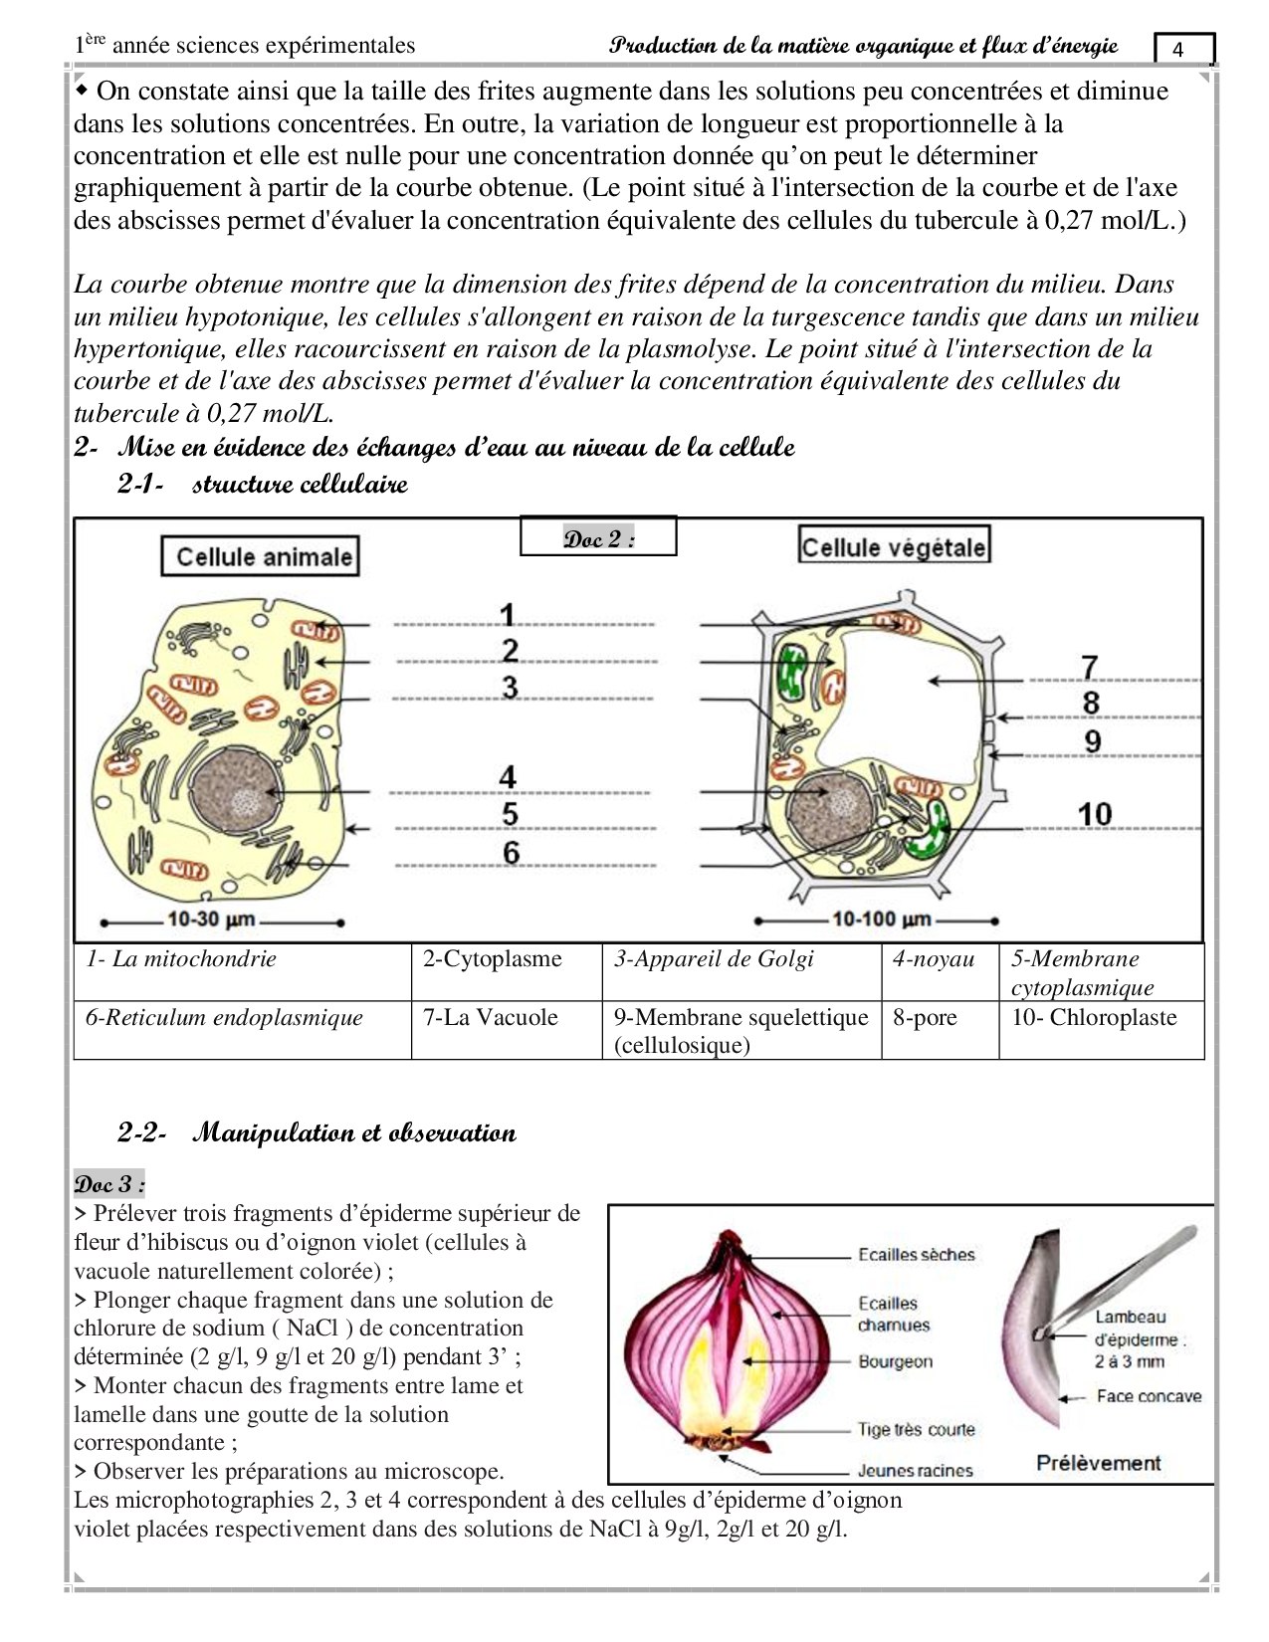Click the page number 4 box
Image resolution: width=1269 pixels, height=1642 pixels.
(1183, 49)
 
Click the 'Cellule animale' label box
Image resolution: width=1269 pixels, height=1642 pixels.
(260, 557)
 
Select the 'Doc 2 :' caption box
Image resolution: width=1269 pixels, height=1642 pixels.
(598, 538)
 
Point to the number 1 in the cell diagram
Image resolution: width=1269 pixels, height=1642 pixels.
(508, 615)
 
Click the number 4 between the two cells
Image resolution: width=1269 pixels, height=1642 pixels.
(509, 777)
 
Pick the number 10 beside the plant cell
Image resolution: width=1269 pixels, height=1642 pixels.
(1094, 814)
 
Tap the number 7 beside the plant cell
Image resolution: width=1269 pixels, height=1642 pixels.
(1090, 666)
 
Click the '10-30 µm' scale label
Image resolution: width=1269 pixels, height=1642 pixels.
(211, 919)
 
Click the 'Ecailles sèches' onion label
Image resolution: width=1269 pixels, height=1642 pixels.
(916, 1255)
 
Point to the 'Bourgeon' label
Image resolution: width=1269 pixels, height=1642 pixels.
(895, 1361)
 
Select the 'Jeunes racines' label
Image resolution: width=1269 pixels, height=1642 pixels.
(915, 1470)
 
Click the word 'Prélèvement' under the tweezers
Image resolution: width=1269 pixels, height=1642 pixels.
(1098, 1463)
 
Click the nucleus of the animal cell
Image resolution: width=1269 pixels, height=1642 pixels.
(234, 793)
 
